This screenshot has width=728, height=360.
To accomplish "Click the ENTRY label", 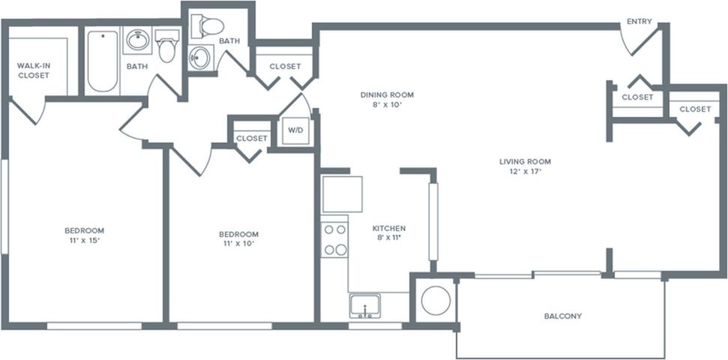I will tap(639, 22).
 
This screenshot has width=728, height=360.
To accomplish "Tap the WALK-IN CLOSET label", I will tap(34, 70).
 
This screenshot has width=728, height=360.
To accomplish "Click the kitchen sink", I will tap(365, 306).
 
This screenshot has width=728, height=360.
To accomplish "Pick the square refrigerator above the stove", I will tap(342, 194).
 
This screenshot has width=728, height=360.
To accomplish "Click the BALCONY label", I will tap(562, 316).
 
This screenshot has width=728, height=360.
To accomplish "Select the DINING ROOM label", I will tap(387, 95).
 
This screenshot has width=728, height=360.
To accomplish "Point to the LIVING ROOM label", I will tap(525, 161).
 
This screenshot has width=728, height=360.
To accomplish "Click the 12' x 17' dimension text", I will tap(525, 172).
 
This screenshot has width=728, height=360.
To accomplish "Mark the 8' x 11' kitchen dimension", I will tap(389, 238).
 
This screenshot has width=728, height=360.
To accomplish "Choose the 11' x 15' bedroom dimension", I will tap(84, 241).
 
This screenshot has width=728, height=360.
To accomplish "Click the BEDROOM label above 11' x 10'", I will tap(238, 234).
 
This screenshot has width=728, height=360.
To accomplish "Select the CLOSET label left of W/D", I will tap(251, 138).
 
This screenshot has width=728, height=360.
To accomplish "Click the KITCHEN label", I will tap(389, 228).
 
